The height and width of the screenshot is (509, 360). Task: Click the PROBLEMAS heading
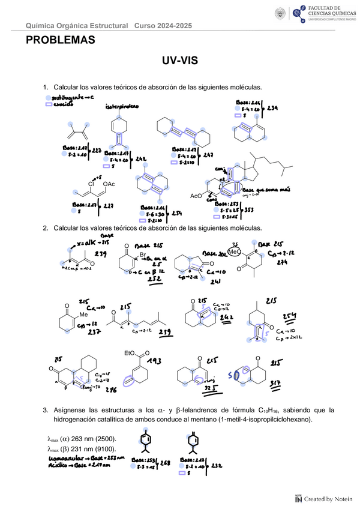pos(60,40)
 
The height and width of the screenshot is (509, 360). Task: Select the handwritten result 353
pos(250,209)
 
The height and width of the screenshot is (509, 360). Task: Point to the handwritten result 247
pos(208,155)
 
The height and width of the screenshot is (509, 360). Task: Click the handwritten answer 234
pos(272,109)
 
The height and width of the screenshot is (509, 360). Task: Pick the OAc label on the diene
pos(109,183)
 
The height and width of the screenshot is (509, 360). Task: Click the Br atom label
pos(143,255)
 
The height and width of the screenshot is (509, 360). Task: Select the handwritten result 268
pos(166,463)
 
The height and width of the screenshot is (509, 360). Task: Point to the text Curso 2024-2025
pos(163,26)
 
